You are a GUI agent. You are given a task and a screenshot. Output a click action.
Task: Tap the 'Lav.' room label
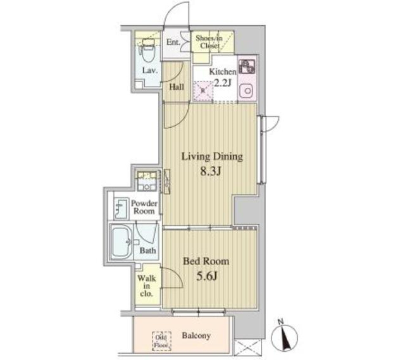tap(149, 71)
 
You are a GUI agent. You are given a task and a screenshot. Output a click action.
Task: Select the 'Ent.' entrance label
tap(173, 43)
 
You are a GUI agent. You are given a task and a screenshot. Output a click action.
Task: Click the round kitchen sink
tap(246, 90)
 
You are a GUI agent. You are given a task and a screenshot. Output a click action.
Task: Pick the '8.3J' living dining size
tap(212, 172)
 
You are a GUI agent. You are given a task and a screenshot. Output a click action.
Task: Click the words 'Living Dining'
tap(212, 157)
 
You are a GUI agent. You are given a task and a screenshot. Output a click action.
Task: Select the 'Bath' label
tap(148, 250)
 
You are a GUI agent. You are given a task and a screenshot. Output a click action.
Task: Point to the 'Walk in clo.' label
tap(146, 285)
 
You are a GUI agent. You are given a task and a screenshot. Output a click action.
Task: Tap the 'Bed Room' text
tap(205, 261)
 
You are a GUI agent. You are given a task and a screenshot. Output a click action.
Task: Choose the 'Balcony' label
tap(196, 336)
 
